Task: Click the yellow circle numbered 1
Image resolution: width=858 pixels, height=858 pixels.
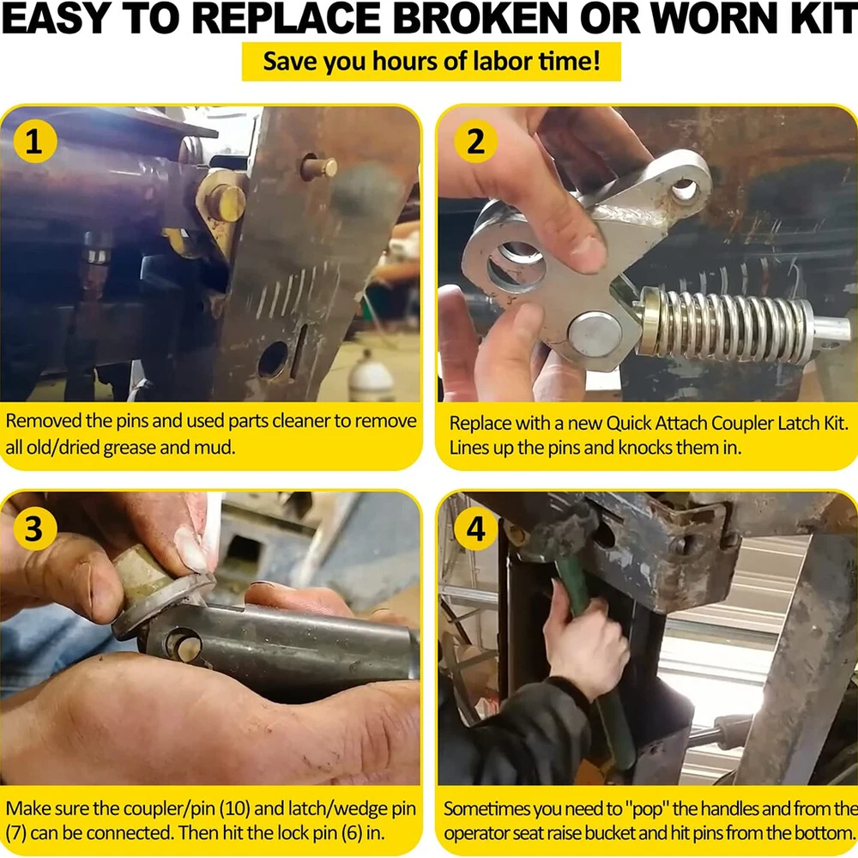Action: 34,142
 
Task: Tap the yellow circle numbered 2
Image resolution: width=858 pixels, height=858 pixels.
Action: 475,142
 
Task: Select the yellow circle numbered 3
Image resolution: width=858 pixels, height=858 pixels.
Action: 34,529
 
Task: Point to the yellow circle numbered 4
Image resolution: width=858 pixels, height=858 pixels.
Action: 475,529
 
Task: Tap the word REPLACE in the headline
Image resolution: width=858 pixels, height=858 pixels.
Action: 287,18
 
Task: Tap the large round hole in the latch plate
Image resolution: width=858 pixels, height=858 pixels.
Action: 517,266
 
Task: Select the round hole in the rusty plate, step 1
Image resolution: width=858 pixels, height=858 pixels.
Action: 273,360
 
